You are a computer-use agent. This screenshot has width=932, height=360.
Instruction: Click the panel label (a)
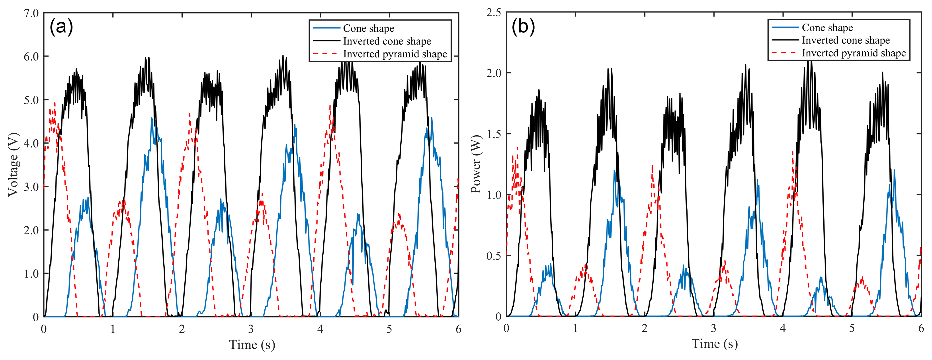tap(61, 27)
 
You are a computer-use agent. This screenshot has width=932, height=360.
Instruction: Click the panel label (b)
tap(523, 27)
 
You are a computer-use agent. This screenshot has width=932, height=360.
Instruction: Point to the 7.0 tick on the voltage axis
tap(31, 13)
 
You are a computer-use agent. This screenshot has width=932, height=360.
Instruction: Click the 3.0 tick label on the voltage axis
tap(31, 187)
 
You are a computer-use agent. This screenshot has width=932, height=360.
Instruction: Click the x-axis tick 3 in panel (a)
tap(251, 329)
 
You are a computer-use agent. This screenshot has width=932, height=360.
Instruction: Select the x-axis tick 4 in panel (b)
tap(783, 328)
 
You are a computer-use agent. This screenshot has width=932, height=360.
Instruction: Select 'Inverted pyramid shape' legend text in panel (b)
tap(854, 53)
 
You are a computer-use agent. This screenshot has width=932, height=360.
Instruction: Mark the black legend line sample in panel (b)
tap(785, 40)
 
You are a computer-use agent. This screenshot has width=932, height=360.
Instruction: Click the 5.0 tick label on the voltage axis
tap(31, 100)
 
